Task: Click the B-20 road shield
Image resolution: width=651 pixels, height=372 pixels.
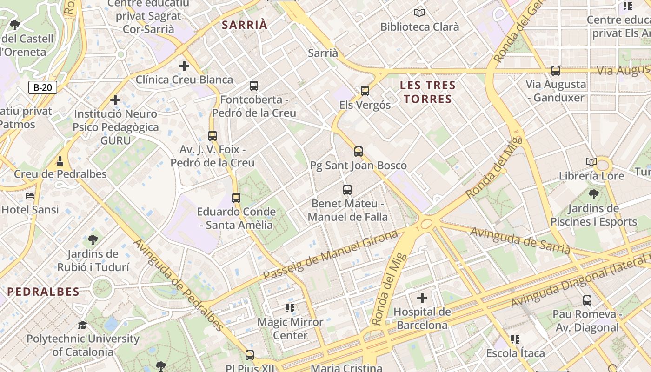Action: point(43,87)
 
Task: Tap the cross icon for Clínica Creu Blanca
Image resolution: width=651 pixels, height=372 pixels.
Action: point(184,66)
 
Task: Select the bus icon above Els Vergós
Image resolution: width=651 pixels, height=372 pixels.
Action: point(365,91)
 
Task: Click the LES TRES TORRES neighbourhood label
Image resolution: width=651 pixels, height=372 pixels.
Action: point(428,92)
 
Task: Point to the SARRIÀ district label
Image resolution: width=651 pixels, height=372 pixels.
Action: point(245,25)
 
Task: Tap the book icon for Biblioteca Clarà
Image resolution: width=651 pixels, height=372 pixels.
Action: point(419,13)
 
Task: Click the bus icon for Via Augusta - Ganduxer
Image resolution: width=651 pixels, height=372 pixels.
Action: point(556,71)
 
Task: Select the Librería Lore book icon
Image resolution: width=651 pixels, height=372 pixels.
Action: point(591,162)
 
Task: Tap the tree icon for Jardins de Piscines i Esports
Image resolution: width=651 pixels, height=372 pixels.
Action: point(593,194)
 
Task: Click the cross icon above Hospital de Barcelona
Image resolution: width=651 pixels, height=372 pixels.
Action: point(422,298)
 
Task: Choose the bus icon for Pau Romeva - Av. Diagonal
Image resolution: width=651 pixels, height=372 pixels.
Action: point(587,300)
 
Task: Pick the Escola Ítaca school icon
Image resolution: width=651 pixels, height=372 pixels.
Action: point(515,339)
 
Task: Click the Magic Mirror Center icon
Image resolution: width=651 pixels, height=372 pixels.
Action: point(291,308)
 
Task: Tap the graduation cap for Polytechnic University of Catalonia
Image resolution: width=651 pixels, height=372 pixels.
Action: point(83,325)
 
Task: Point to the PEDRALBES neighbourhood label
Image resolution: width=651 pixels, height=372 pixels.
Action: point(43,292)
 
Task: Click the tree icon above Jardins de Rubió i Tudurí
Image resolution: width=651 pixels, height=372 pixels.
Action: point(93,240)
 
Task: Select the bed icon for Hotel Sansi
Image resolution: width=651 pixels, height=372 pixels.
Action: point(30,196)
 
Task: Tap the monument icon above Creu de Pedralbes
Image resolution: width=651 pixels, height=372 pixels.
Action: point(60,161)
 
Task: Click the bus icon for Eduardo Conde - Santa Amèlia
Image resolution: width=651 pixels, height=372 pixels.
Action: point(236,198)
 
